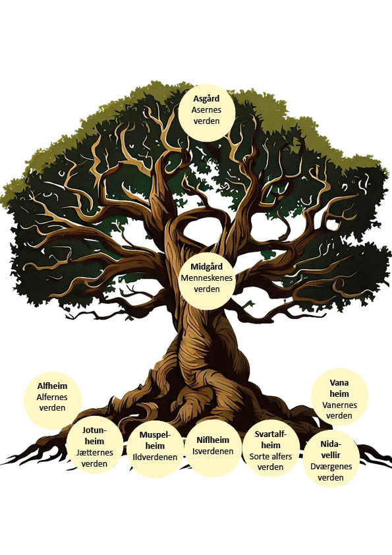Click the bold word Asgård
[x=206, y=99]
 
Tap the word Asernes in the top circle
[x=206, y=109]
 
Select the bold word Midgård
[x=206, y=267]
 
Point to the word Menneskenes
[x=206, y=278]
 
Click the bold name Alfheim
[x=52, y=386]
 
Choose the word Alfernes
[x=52, y=397]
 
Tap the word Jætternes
[x=94, y=452]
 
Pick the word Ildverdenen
[x=155, y=457]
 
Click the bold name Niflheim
[x=213, y=440]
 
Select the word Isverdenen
[x=213, y=452]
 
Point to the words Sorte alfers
[x=271, y=456]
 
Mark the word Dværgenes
[x=331, y=467]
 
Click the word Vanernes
[x=339, y=405]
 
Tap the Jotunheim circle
[x=94, y=447]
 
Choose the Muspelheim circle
[x=155, y=449]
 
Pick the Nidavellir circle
[x=331, y=459]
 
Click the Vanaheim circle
[x=339, y=397]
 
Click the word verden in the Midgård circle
[x=207, y=289]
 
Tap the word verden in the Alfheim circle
[x=52, y=408]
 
